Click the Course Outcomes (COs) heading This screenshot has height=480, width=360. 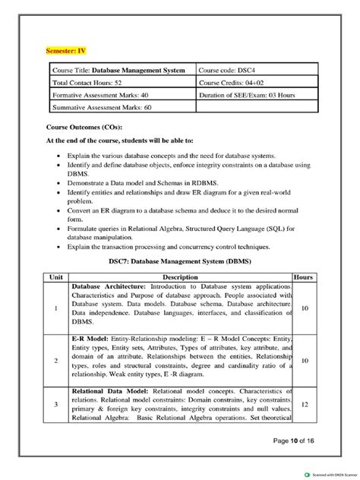pos(84,128)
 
